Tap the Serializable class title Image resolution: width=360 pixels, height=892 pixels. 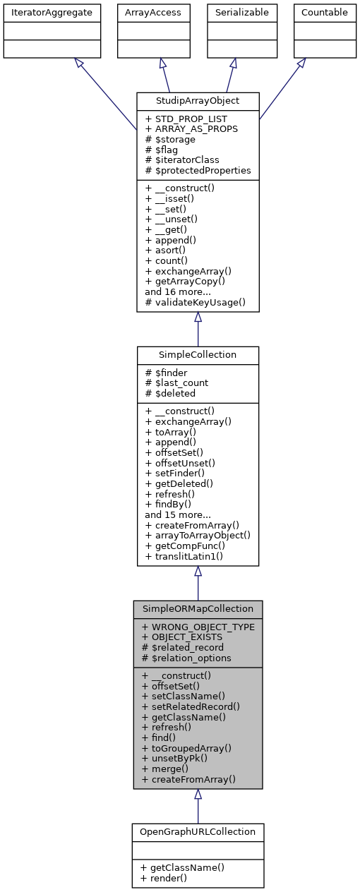pyautogui.click(x=233, y=12)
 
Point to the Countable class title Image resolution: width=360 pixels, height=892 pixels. pyautogui.click(x=325, y=12)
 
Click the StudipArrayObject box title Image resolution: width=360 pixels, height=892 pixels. pyautogui.click(x=198, y=100)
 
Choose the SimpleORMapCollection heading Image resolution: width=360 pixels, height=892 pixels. pyautogui.click(x=198, y=608)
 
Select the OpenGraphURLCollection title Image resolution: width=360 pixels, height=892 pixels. pyautogui.click(x=198, y=831)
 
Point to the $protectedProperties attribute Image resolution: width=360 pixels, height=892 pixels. pyautogui.click(x=198, y=170)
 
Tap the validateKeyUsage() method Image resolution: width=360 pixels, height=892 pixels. pyautogui.click(x=195, y=302)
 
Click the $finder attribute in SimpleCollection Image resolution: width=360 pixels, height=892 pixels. pyautogui.click(x=167, y=372)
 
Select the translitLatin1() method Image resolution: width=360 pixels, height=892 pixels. pyautogui.click(x=184, y=556)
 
